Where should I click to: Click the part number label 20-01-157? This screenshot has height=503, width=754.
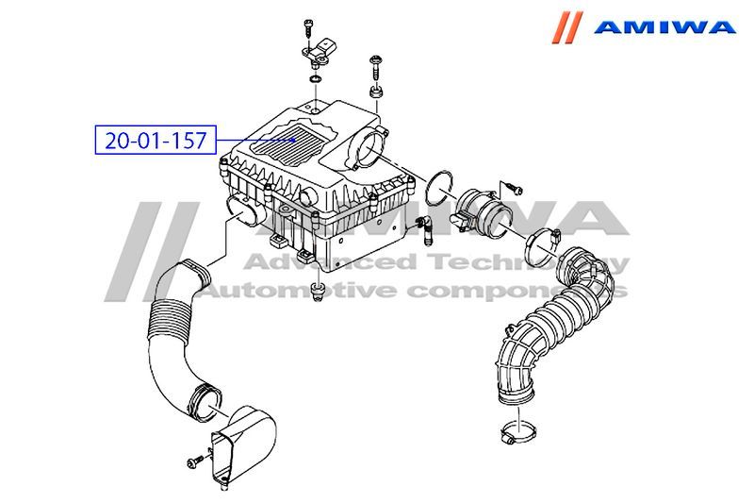[x=156, y=140]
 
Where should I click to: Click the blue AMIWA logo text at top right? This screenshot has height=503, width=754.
[x=664, y=27]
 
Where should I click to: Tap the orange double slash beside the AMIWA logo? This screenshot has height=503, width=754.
[x=567, y=27]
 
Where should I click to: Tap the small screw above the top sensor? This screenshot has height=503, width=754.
[x=308, y=27]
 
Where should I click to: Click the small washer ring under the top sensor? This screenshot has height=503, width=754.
[x=316, y=78]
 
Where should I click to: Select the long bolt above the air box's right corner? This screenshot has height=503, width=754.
[x=374, y=68]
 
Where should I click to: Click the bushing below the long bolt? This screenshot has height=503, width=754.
[x=375, y=91]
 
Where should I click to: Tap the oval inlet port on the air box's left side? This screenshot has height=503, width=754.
[x=244, y=210]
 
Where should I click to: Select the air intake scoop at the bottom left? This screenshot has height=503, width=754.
[x=243, y=445]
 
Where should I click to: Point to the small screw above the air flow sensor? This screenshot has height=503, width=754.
[x=515, y=190]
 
